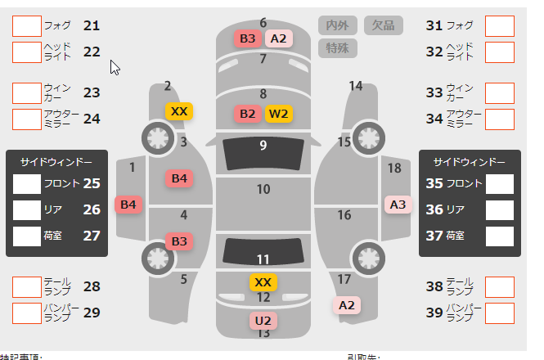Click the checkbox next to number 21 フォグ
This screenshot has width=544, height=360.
point(26,25)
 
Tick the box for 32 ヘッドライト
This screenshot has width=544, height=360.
point(499,52)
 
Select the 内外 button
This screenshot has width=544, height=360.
point(337,25)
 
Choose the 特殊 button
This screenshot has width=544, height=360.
point(337,47)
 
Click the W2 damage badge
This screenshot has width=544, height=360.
point(279,114)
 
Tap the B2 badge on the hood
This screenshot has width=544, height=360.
point(248,114)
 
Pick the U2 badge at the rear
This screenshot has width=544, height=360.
point(263,320)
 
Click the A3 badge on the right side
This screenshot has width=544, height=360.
point(398,204)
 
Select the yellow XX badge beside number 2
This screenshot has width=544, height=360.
point(179,111)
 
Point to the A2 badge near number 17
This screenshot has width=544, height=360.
point(348,305)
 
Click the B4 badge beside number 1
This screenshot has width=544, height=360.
point(128,204)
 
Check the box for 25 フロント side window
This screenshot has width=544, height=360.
point(27,183)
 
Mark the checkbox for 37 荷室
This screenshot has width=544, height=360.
point(500,236)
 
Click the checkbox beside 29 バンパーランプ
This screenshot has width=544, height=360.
point(26,313)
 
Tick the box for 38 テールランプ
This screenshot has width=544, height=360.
point(499,286)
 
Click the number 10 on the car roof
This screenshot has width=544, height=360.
point(263,190)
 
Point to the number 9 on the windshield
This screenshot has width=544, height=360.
point(263,146)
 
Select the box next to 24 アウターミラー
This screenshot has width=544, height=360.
point(26,119)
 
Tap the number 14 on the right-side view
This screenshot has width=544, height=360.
point(355,86)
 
